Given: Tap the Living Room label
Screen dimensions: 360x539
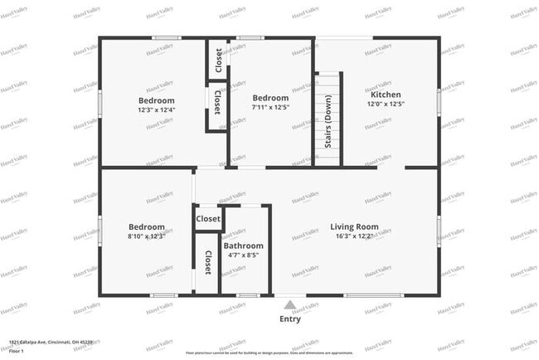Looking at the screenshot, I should [354, 226].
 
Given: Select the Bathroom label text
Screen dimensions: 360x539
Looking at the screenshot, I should [243, 246].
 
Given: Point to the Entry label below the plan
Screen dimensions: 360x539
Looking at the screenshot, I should [290, 319].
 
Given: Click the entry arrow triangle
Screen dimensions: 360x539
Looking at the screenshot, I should [289, 304].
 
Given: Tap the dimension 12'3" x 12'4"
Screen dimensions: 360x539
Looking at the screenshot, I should [156, 109].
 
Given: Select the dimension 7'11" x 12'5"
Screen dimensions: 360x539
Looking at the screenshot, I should [270, 106].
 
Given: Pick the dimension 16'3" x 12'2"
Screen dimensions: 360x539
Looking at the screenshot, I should [354, 236].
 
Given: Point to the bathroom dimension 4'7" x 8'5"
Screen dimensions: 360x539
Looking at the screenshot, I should [243, 255].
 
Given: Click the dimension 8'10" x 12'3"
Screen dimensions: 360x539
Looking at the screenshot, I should [146, 236].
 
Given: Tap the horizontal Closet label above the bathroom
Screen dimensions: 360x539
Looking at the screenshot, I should [208, 219].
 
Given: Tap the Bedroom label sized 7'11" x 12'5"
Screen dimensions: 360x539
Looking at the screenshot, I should [270, 97].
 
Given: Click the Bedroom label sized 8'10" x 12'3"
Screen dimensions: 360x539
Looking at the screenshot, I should [146, 226].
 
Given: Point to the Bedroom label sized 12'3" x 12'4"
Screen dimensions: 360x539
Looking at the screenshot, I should [156, 100].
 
